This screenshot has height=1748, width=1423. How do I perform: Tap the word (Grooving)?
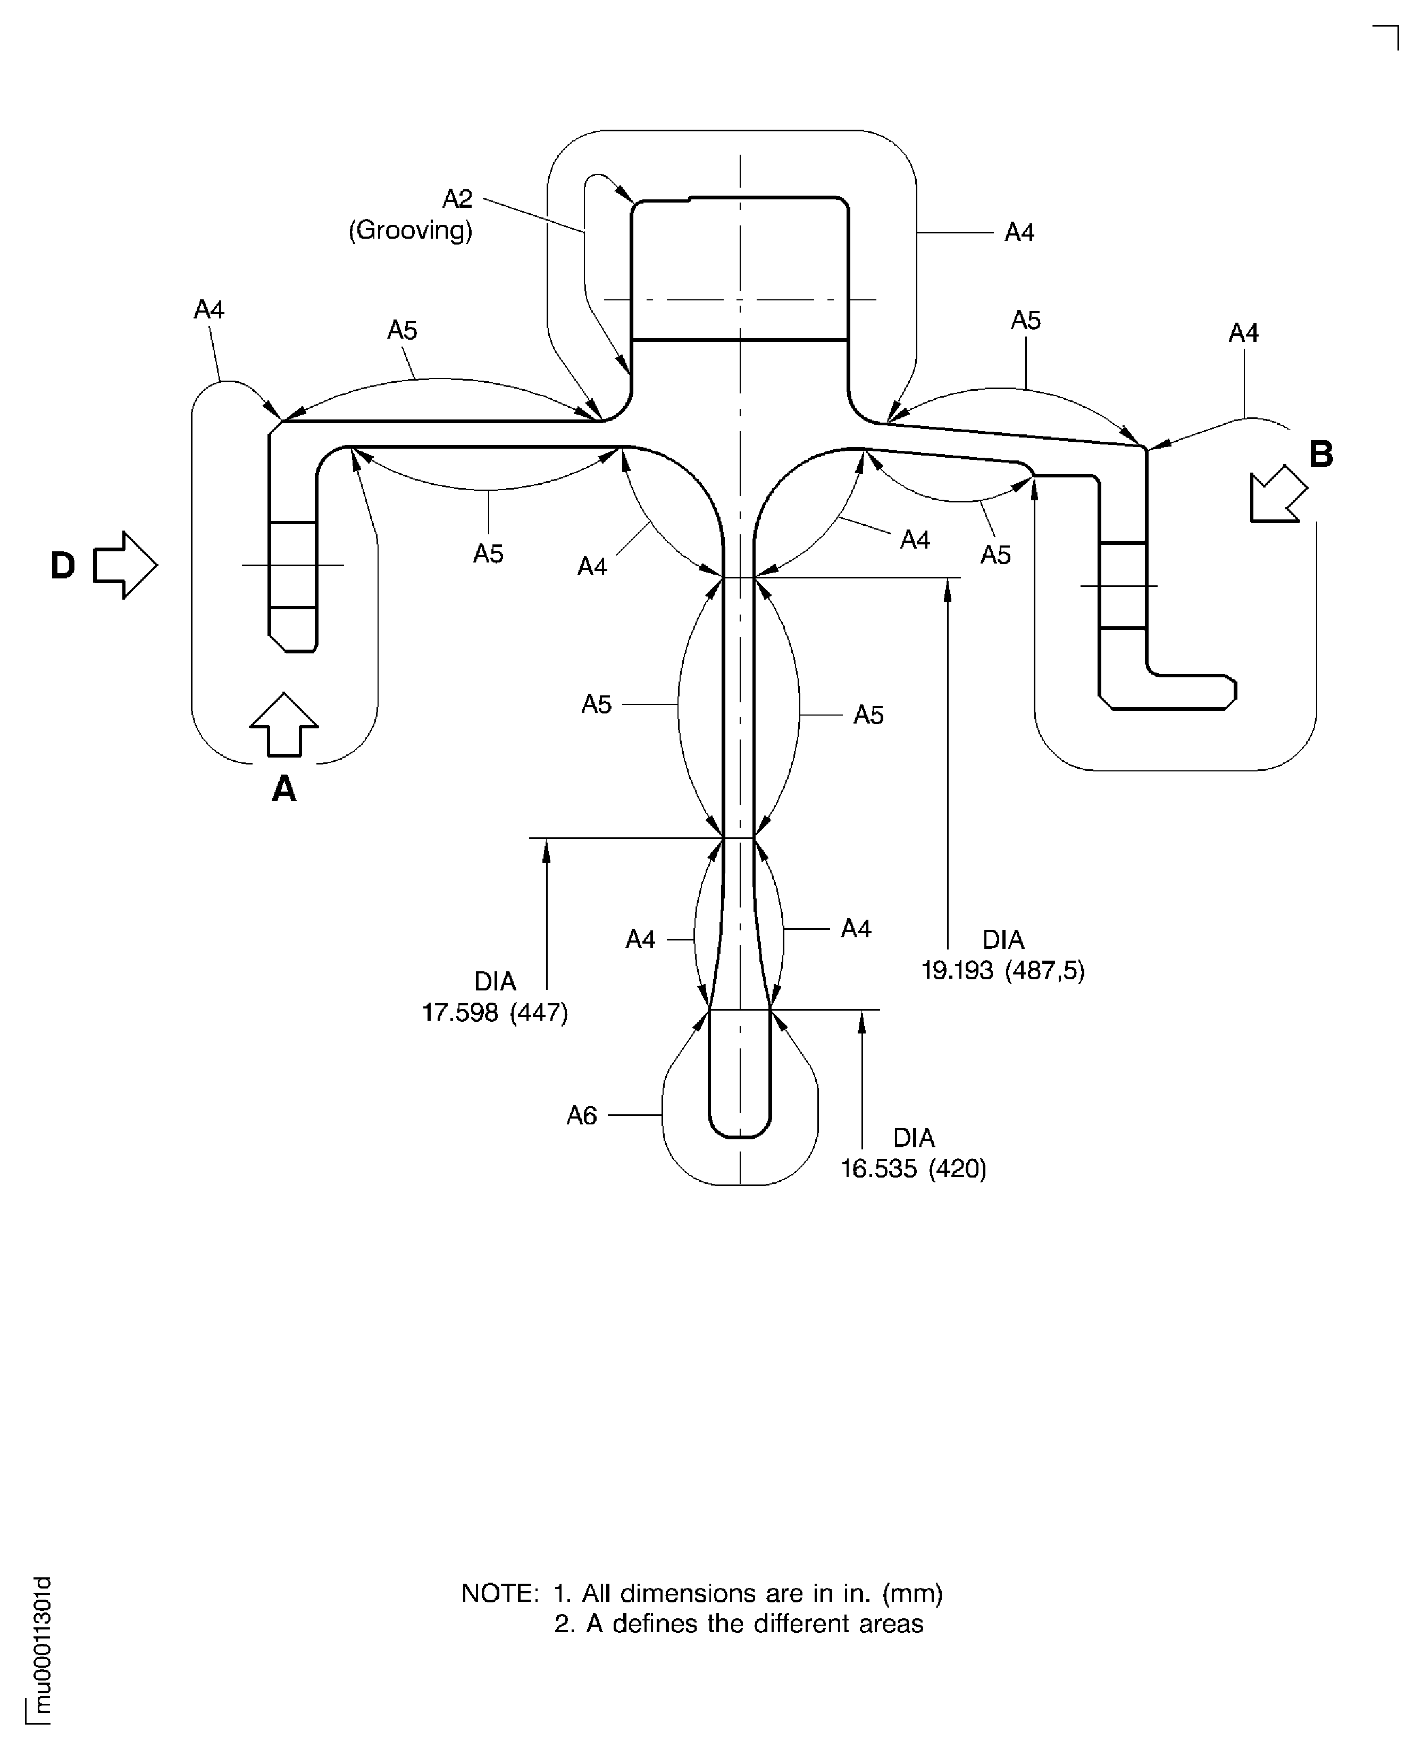click(x=410, y=230)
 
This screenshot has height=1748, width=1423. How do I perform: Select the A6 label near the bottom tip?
click(x=582, y=1115)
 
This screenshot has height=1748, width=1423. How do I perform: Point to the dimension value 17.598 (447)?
click(x=495, y=1013)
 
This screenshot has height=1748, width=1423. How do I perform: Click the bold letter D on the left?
click(x=63, y=566)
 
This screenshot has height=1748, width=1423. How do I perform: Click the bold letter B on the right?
click(x=1320, y=454)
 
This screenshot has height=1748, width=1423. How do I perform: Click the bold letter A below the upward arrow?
click(x=283, y=789)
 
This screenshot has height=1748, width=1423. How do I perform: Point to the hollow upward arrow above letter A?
click(x=283, y=725)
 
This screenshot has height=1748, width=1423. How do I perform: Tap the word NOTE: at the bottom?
click(x=500, y=1593)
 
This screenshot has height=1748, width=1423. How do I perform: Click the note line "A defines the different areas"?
click(x=754, y=1624)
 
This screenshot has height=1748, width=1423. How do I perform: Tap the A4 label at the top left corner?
click(x=208, y=310)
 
